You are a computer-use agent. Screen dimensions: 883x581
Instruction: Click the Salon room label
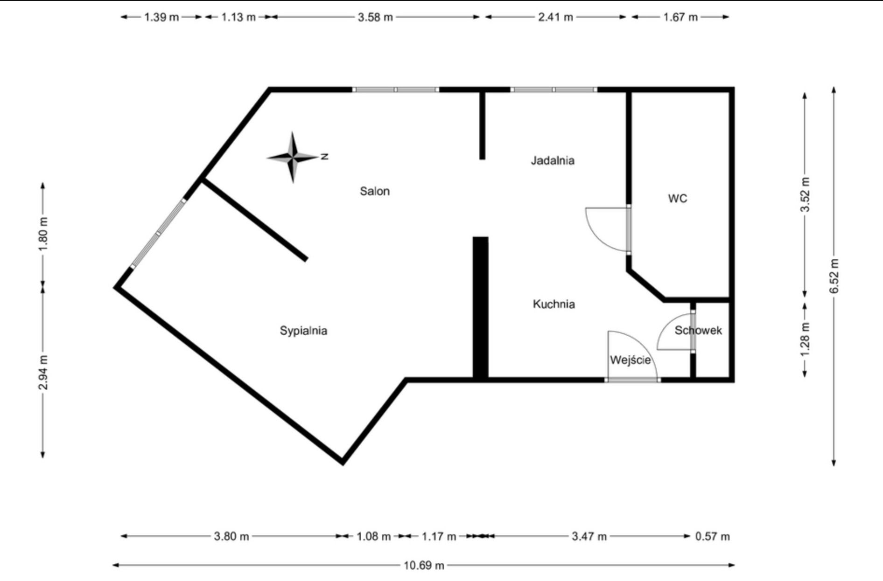pyautogui.click(x=374, y=191)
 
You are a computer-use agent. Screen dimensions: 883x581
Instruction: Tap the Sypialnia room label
pyautogui.click(x=303, y=331)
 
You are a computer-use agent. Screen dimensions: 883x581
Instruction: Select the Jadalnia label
pyautogui.click(x=553, y=161)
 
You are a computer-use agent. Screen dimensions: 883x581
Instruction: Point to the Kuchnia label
pyautogui.click(x=554, y=304)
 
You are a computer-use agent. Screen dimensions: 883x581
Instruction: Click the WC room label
pyautogui.click(x=678, y=199)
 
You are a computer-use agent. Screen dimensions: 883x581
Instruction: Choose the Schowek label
pyautogui.click(x=698, y=331)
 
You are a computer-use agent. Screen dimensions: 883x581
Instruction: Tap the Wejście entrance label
pyautogui.click(x=630, y=360)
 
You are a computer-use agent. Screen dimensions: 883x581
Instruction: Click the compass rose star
pyautogui.click(x=293, y=157)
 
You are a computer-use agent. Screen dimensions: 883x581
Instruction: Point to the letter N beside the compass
pyautogui.click(x=324, y=157)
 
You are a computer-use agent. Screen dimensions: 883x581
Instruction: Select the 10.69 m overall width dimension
pyautogui.click(x=424, y=566)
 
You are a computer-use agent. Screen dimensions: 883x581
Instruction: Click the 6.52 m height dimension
pyautogui.click(x=834, y=276)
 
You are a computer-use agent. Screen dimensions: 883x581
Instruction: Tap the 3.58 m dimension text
pyautogui.click(x=375, y=17)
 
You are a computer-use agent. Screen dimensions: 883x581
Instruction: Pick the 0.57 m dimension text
pyautogui.click(x=712, y=536)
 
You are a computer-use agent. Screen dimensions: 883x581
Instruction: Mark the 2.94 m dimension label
pyautogui.click(x=43, y=372)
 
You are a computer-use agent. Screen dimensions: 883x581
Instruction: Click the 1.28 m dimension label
pyautogui.click(x=805, y=339)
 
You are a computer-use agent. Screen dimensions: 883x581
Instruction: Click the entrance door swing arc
pyautogui.click(x=642, y=342)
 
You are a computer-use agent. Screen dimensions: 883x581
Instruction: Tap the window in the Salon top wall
pyautogui.click(x=395, y=90)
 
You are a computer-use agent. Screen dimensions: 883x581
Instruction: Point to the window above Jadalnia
pyautogui.click(x=554, y=90)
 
